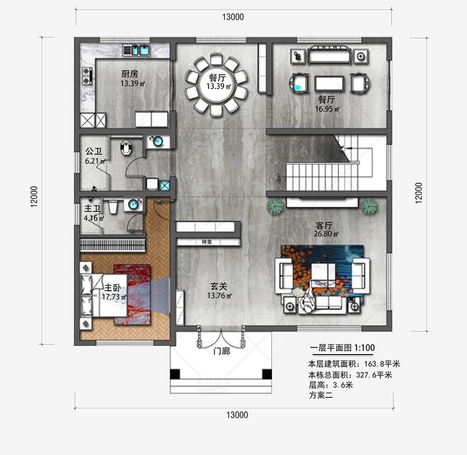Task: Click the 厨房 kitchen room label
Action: point(129,74)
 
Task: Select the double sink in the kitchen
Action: point(137,50)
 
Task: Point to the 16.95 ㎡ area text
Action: point(327,109)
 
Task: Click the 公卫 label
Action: point(93,152)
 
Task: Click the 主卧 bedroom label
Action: point(113,287)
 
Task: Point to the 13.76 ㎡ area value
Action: point(219,296)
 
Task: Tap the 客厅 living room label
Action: point(324,226)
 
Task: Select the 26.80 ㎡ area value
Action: point(326,234)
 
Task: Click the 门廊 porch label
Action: point(222,352)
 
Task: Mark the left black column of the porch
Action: point(175,374)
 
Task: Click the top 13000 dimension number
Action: point(233,17)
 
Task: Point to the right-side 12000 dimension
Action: point(419,193)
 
